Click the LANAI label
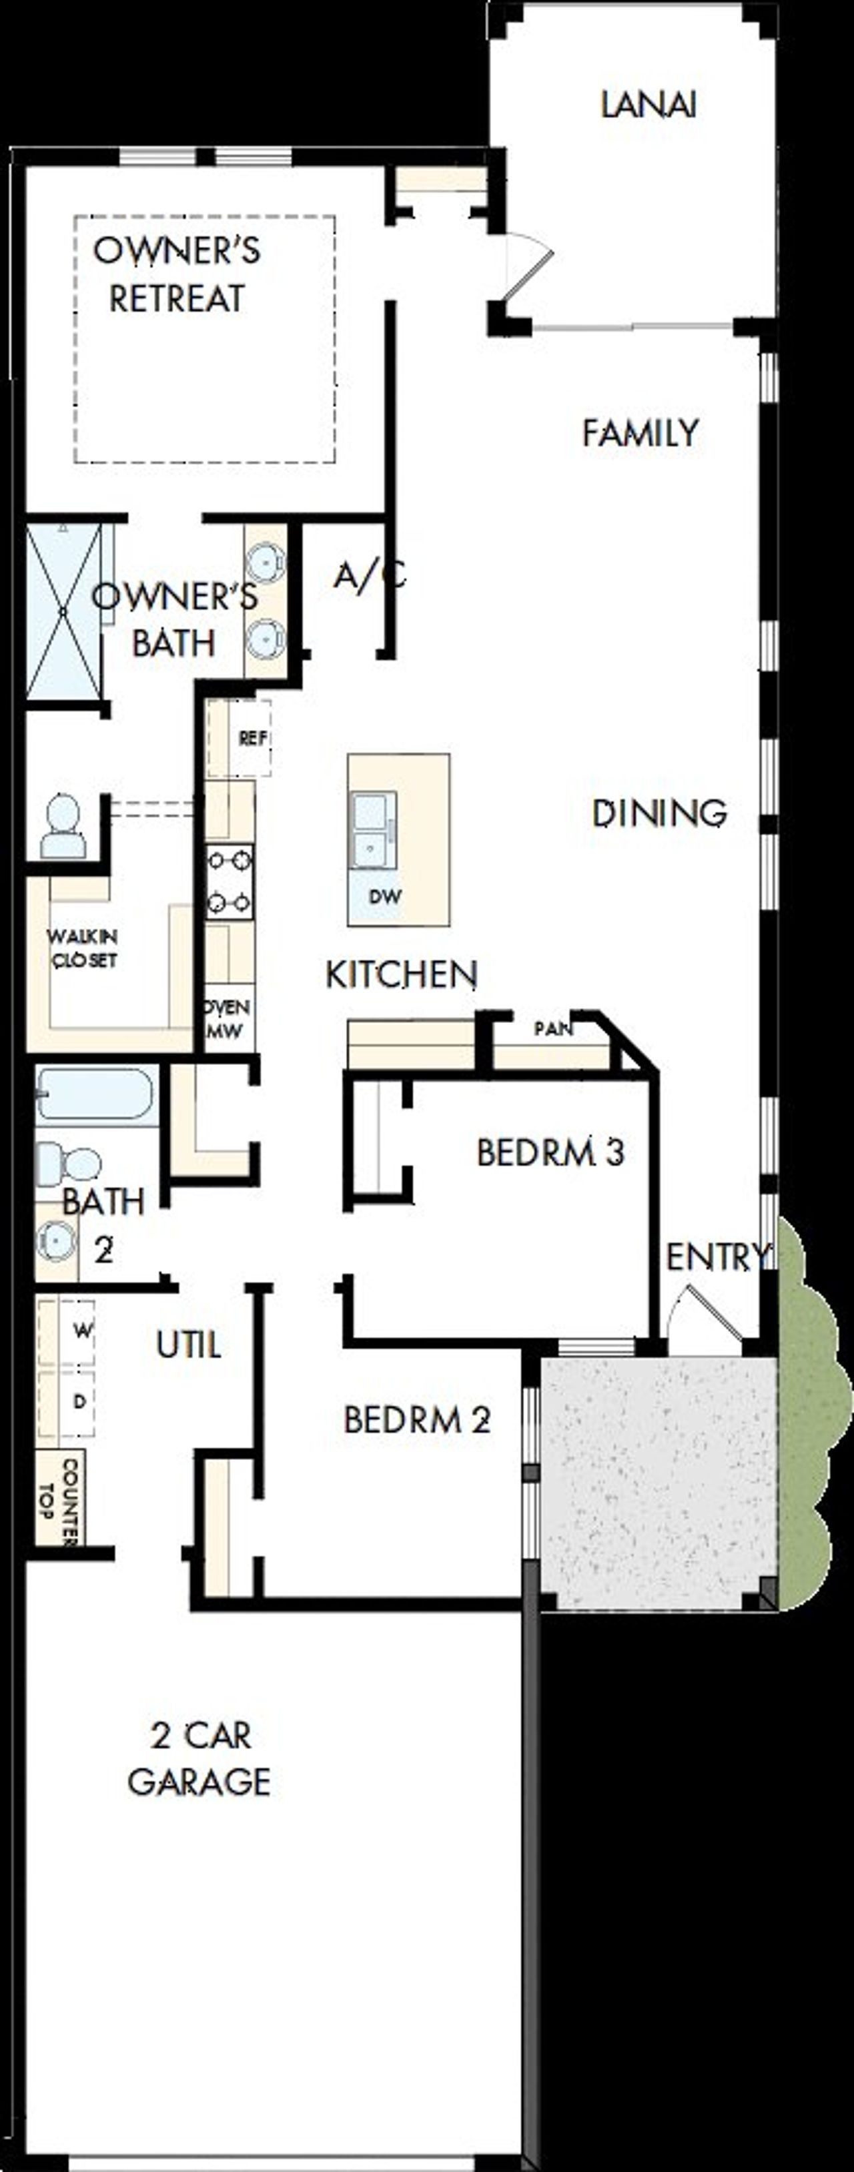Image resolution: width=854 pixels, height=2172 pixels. pos(649,105)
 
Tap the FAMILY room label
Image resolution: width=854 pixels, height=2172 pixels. pos(640,432)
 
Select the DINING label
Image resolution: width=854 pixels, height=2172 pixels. pos(659,813)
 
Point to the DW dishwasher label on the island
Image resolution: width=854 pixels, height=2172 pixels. pos(385,896)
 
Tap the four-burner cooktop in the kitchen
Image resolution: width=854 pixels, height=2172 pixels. pos(230,882)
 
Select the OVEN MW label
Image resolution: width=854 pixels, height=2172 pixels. pos(228,1018)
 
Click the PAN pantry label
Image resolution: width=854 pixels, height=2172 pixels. pos(554,1029)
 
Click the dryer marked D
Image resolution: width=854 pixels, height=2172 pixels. pos(79,1401)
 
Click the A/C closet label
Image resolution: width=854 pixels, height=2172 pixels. pos(369,576)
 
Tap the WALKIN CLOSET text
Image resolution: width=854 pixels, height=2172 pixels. pos(83,949)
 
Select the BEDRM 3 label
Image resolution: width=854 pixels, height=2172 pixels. pos(550,1152)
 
